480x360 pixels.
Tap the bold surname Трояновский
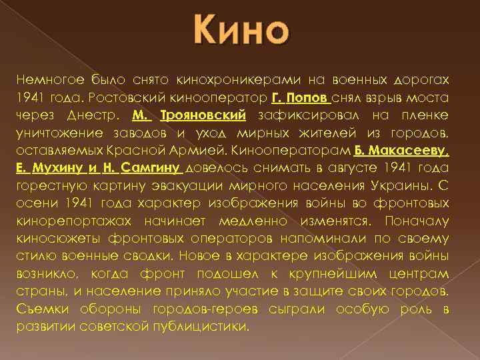[207, 115]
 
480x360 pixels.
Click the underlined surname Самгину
[151, 167]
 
